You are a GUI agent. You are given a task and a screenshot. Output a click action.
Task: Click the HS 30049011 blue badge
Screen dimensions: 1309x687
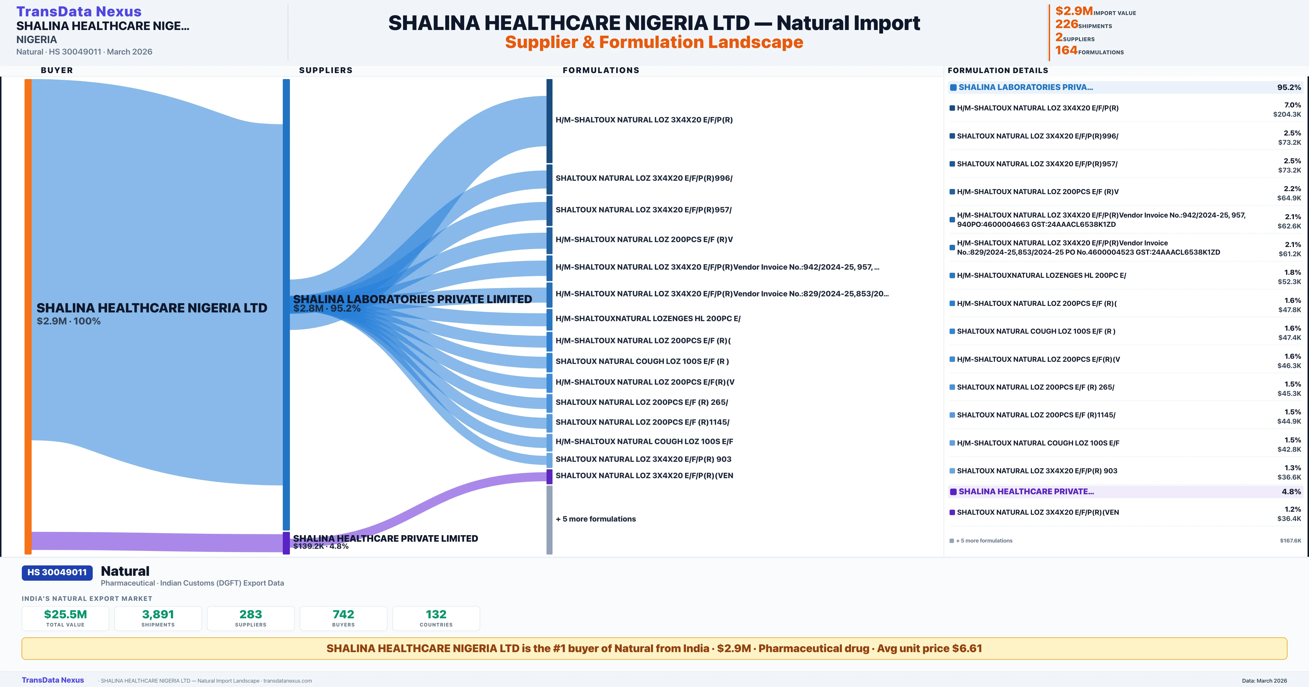click(x=57, y=573)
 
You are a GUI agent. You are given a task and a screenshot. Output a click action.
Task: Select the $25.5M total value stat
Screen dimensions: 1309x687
click(x=65, y=614)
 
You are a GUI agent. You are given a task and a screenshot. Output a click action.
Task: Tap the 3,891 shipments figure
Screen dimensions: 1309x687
click(x=158, y=614)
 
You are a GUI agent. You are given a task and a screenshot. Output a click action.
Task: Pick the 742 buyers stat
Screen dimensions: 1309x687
click(x=344, y=614)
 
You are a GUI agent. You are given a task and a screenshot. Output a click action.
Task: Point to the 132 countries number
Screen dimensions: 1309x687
click(x=436, y=614)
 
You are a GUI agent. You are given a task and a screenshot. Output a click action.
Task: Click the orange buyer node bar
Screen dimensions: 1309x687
click(x=28, y=317)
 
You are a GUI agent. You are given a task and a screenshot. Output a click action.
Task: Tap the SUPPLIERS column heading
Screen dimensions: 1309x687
click(x=326, y=70)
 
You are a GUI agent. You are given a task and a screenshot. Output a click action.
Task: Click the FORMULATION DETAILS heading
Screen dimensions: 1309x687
click(x=998, y=70)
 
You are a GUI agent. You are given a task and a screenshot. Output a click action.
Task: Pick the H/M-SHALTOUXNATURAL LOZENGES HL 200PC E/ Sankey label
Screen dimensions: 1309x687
click(x=648, y=319)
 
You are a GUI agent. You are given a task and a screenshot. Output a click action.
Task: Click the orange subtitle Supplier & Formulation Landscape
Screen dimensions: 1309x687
click(x=654, y=42)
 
